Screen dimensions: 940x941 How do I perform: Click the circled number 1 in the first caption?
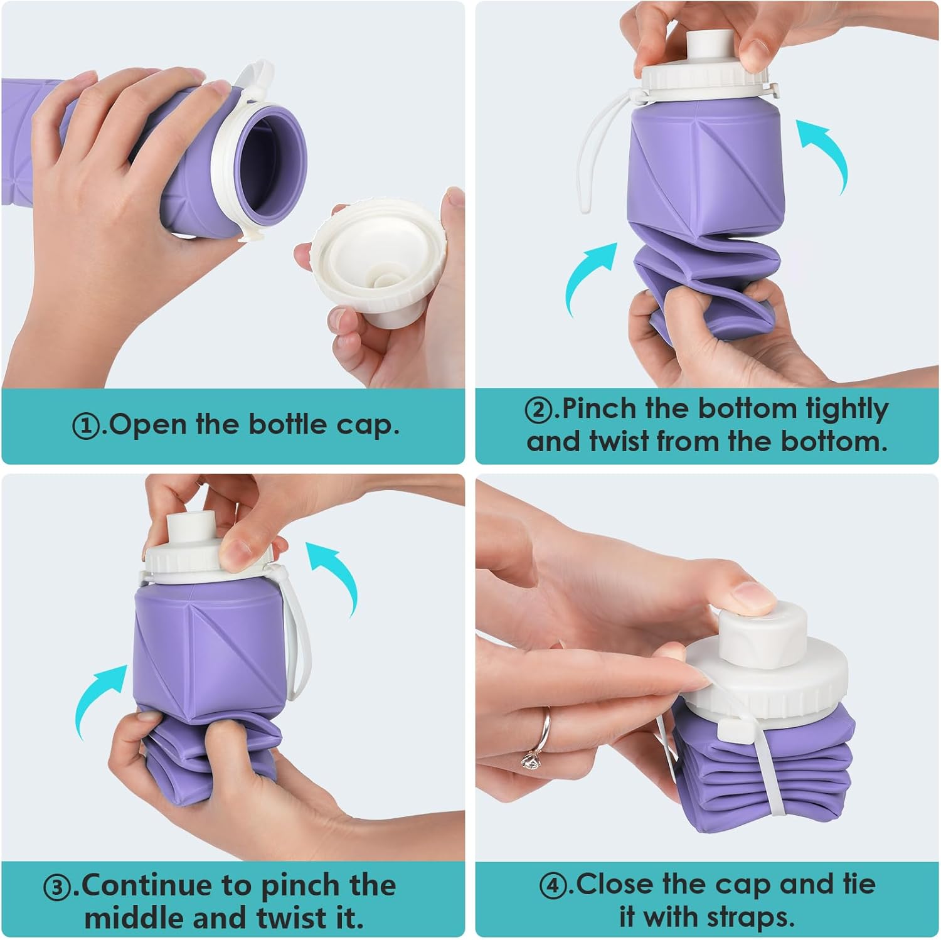86,427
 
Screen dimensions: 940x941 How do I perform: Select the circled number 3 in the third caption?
56,887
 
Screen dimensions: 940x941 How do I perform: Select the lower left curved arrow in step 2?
589,277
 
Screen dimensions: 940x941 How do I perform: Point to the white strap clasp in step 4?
731,730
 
